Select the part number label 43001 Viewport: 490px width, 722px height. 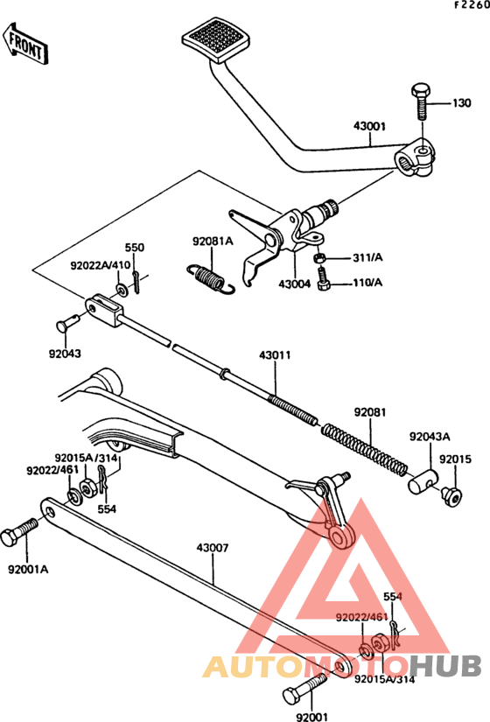(370, 126)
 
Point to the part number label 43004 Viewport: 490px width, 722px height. (295, 284)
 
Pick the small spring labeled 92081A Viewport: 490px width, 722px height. (211, 278)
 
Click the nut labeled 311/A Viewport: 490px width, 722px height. (320, 258)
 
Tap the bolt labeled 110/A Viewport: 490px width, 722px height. (324, 279)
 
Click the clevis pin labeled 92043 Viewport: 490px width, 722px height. (67, 322)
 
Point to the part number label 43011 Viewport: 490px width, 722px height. (275, 355)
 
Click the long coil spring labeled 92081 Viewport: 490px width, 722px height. (365, 448)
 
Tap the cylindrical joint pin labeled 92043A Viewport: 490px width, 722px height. (423, 481)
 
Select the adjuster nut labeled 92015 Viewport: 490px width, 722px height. (451, 496)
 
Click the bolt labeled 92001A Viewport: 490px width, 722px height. (18, 532)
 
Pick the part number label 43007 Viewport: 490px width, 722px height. (213, 548)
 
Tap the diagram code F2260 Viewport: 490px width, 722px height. (472, 5)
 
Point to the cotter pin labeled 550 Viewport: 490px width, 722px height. (136, 283)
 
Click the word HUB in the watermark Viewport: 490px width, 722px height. (444, 666)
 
